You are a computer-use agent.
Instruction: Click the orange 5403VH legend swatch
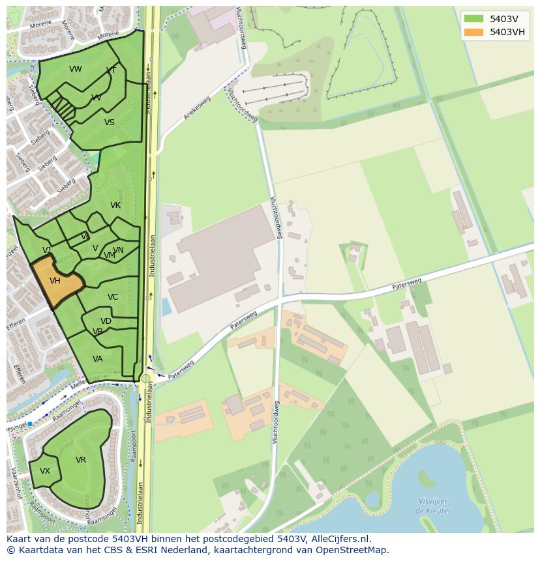pyautogui.click(x=474, y=32)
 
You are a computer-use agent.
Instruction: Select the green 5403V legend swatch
pyautogui.click(x=474, y=19)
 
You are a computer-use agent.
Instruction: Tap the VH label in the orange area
pyautogui.click(x=55, y=281)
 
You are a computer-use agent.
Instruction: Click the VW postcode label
pyautogui.click(x=76, y=69)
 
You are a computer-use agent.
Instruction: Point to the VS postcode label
pyautogui.click(x=110, y=122)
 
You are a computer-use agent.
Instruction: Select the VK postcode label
pyautogui.click(x=115, y=205)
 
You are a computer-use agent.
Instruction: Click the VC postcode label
pyautogui.click(x=113, y=297)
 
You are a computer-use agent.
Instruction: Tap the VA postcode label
pyautogui.click(x=98, y=359)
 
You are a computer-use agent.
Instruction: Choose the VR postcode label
pyautogui.click(x=81, y=460)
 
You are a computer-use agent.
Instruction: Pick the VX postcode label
pyautogui.click(x=45, y=471)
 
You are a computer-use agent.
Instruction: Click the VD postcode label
pyautogui.click(x=106, y=321)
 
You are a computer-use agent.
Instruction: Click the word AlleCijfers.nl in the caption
pyautogui.click(x=341, y=539)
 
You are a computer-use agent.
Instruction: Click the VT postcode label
pyautogui.click(x=112, y=70)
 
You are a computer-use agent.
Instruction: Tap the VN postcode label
pyautogui.click(x=118, y=250)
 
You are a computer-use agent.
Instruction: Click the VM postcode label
pyautogui.click(x=109, y=255)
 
